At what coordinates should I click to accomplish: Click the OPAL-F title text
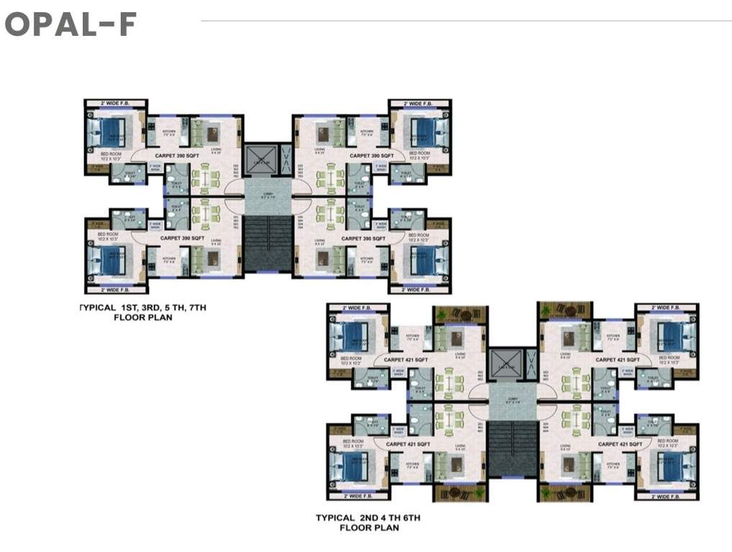point(70,24)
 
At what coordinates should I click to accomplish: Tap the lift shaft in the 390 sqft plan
point(258,158)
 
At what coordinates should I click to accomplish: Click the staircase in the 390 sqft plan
point(267,243)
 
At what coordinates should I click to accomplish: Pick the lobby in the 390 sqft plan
point(267,197)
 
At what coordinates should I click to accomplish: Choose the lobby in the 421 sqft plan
point(512,402)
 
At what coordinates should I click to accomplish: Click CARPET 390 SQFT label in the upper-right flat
point(371,155)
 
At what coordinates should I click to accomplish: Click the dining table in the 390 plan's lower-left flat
point(205,213)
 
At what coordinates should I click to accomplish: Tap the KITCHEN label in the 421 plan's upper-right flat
point(613,337)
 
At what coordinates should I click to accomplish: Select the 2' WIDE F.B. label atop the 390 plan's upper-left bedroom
point(116,104)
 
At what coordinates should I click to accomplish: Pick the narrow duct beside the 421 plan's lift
point(531,365)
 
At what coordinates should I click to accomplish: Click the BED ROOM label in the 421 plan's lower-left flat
point(352,441)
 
